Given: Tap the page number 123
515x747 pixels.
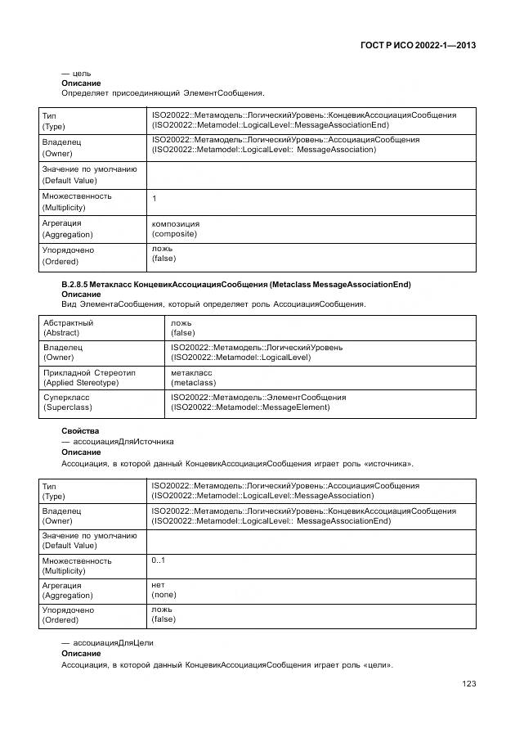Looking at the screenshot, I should pyautogui.click(x=468, y=684).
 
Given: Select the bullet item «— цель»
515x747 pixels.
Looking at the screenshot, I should pyautogui.click(x=76, y=73).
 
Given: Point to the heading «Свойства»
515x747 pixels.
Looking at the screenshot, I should pyautogui.click(x=80, y=430).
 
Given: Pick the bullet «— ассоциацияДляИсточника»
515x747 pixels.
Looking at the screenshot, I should pyautogui.click(x=117, y=441).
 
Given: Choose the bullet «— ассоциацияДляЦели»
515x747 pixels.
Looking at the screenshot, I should pyautogui.click(x=107, y=642).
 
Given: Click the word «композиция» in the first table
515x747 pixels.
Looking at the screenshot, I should pyautogui.click(x=175, y=223).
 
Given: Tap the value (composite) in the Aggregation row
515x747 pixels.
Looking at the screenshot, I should pyautogui.click(x=174, y=234).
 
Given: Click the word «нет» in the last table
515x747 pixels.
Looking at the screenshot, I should pyautogui.click(x=158, y=585).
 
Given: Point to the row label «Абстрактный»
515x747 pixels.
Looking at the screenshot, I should pyautogui.click(x=68, y=323).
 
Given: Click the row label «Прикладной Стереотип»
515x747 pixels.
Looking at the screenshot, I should pyautogui.click(x=89, y=372).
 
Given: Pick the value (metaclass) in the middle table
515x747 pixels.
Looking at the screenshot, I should pyautogui.click(x=193, y=382).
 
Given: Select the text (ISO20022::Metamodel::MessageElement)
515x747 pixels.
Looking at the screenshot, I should pyautogui.click(x=250, y=407).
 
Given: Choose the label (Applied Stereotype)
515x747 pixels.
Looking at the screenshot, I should pyautogui.click(x=81, y=383).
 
